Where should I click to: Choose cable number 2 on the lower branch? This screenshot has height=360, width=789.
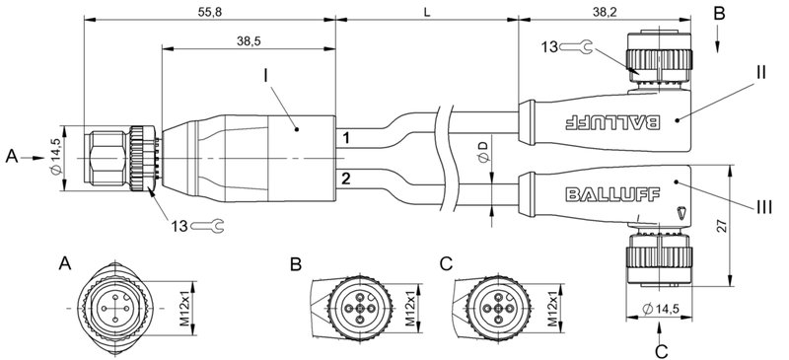(x=345, y=178)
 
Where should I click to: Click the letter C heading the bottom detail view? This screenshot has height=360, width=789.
(x=447, y=264)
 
